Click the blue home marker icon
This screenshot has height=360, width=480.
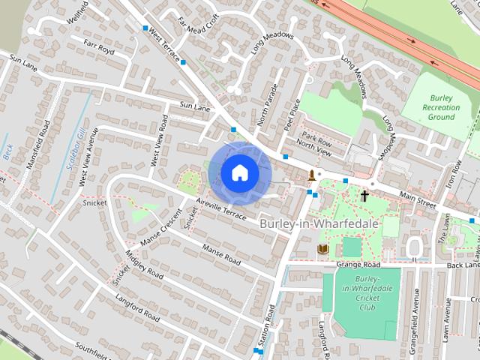(x=239, y=172)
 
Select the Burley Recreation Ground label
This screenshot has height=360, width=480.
(x=441, y=107)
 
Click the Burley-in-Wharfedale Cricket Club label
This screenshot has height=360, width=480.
(x=367, y=294)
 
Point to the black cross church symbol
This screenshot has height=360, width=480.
(x=364, y=196)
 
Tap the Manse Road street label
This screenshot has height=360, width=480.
(x=221, y=256)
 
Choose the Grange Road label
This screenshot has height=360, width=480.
(x=359, y=265)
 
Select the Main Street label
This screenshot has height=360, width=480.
(x=417, y=198)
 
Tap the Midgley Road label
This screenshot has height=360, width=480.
(x=145, y=264)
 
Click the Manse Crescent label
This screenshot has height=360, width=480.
(x=162, y=229)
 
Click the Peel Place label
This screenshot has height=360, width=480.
(x=292, y=115)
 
